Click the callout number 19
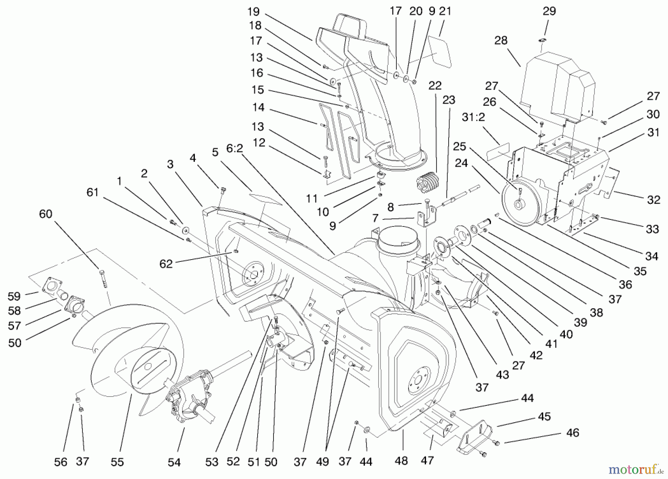click(253, 12)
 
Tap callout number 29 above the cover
click(549, 11)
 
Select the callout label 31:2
click(473, 117)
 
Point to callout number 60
click(46, 214)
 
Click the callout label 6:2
click(234, 149)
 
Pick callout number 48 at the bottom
click(402, 461)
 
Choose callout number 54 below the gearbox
click(174, 462)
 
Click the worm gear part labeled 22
click(427, 182)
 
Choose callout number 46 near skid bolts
click(573, 433)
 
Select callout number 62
click(166, 264)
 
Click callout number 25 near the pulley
click(459, 146)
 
